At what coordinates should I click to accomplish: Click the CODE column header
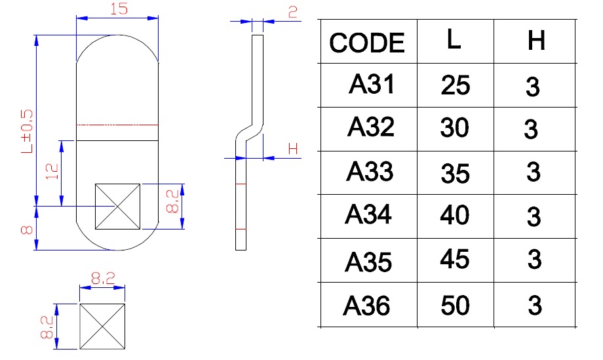tap(367, 43)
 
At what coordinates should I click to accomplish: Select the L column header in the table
tap(454, 41)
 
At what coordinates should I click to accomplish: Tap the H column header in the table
tap(535, 41)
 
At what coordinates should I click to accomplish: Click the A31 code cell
tap(372, 85)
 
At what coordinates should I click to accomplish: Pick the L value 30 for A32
tap(455, 128)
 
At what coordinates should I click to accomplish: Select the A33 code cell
tap(370, 171)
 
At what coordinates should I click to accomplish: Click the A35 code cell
tap(368, 262)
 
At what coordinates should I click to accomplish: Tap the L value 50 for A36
tap(455, 305)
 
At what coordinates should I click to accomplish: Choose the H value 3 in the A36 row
tap(535, 306)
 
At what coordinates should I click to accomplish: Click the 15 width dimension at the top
tap(118, 10)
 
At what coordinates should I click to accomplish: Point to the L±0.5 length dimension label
tap(27, 131)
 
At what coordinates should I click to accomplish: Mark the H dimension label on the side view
tap(293, 150)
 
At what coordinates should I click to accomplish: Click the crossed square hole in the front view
tap(118, 207)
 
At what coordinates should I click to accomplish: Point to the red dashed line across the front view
tap(118, 125)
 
